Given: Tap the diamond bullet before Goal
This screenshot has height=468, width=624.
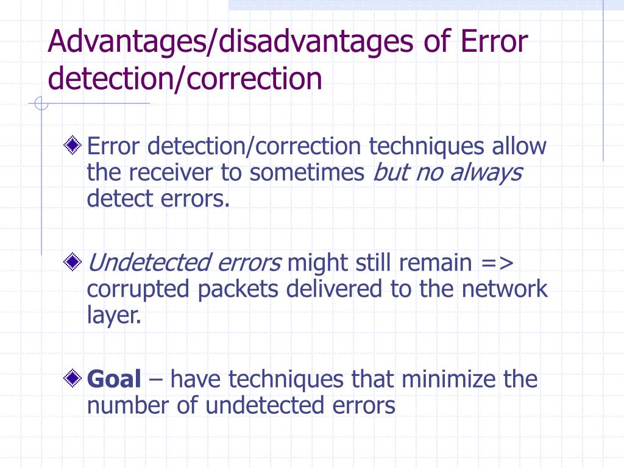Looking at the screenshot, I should [x=73, y=379].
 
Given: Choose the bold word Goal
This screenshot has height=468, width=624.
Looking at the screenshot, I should [x=115, y=379].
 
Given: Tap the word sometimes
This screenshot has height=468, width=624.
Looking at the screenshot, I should [x=307, y=173].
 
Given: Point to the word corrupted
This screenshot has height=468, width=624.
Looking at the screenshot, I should [x=140, y=289].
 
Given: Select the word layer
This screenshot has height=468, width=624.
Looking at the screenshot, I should [x=113, y=316].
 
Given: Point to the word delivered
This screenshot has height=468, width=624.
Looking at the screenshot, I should [x=335, y=289].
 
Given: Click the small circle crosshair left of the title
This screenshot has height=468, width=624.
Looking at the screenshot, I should [x=41, y=104].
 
